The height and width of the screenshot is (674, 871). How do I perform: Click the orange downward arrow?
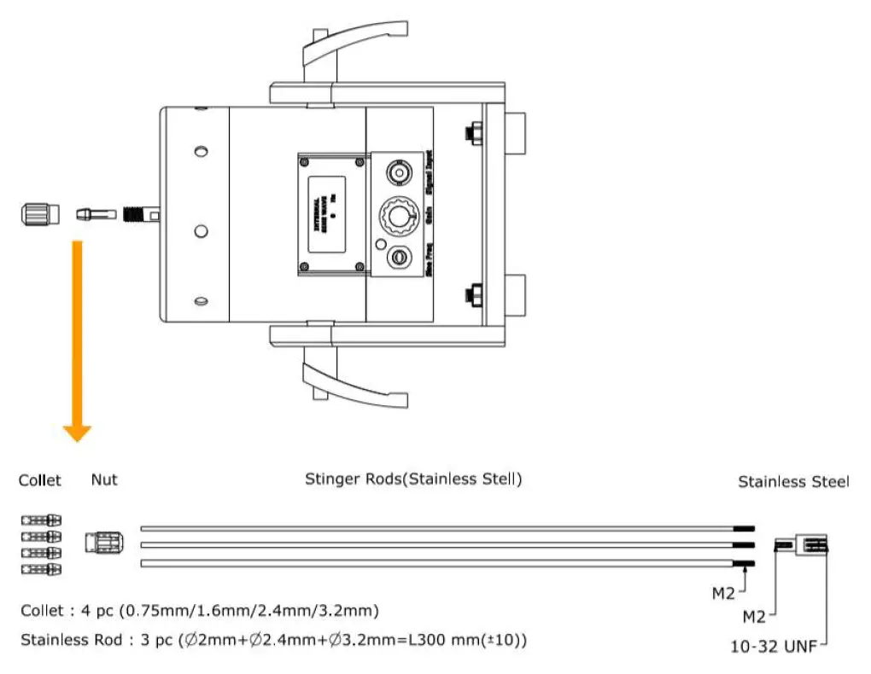(x=77, y=341)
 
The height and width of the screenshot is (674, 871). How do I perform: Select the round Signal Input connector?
(x=398, y=173)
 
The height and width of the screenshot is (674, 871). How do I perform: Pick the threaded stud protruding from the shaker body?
(x=137, y=213)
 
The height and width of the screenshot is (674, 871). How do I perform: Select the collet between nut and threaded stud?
(x=93, y=214)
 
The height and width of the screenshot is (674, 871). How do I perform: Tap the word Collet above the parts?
(x=40, y=480)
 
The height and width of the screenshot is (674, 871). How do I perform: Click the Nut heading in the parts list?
(x=104, y=480)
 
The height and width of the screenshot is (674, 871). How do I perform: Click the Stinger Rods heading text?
(x=413, y=479)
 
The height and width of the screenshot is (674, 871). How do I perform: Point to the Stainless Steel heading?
(x=793, y=482)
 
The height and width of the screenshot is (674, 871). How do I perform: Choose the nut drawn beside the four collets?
(x=104, y=543)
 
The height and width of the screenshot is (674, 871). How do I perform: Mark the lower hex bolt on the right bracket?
(x=470, y=295)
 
